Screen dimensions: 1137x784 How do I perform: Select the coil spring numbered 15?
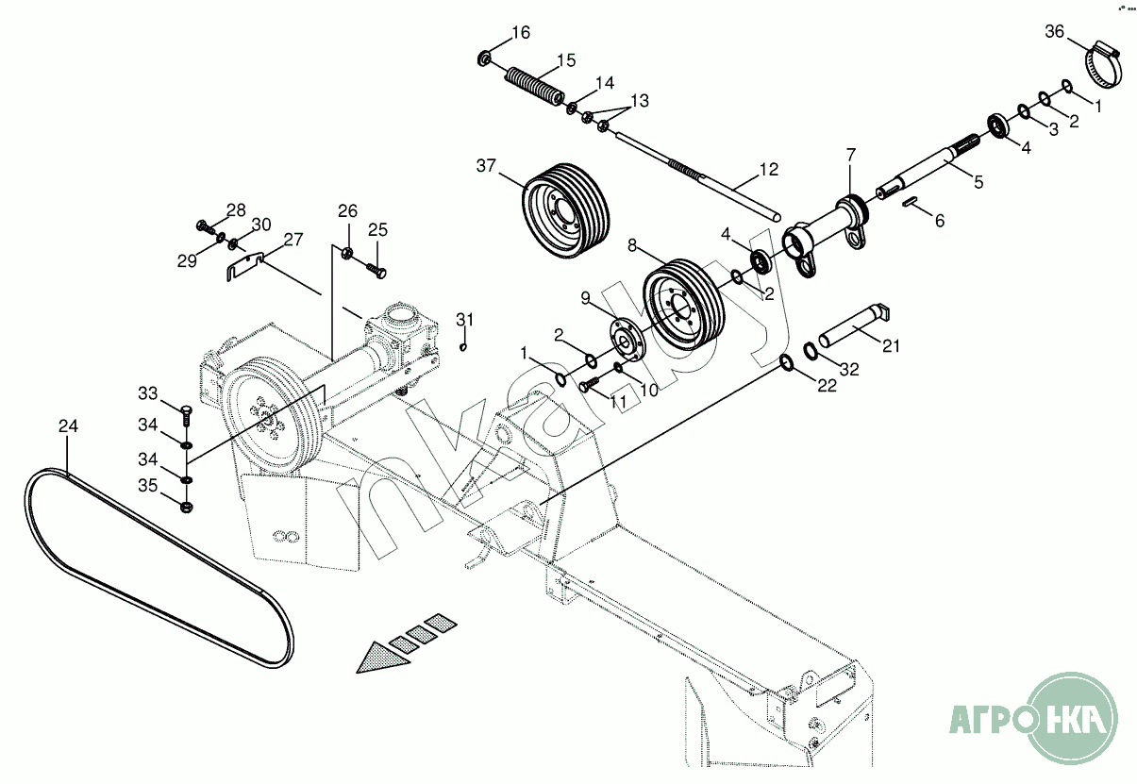(534, 86)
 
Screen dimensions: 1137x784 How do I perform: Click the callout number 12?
(769, 170)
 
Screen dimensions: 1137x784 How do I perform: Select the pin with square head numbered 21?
(853, 326)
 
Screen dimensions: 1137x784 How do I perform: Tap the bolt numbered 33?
(186, 417)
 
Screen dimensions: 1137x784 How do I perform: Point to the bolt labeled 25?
(376, 270)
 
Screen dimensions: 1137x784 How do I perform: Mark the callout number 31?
(464, 320)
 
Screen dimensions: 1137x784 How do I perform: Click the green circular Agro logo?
(1072, 719)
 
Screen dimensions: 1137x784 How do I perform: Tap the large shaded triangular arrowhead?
(383, 659)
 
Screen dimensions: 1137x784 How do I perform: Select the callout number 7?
(851, 154)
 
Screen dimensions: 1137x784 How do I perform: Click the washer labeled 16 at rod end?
(484, 58)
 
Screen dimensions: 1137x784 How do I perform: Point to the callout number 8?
(632, 245)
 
